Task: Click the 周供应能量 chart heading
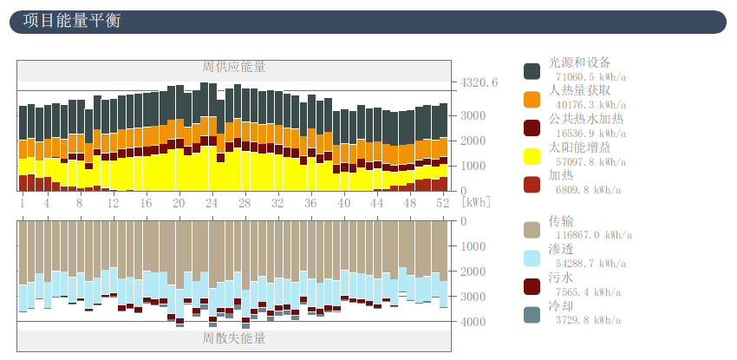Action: click(234, 67)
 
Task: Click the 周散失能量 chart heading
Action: click(234, 337)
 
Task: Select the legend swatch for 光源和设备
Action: click(532, 71)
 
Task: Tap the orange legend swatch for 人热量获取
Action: click(532, 99)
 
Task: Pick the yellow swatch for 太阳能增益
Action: click(532, 155)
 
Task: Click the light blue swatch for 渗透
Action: click(532, 258)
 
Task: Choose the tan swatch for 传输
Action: click(532, 230)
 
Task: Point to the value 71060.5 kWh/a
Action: click(590, 77)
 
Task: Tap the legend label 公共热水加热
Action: click(586, 119)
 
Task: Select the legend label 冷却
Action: click(561, 306)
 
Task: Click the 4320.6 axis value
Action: click(479, 83)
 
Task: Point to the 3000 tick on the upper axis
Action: click(473, 115)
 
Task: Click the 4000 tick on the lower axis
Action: click(473, 322)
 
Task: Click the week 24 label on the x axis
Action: click(212, 202)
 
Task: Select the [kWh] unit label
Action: click(476, 202)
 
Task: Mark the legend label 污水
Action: click(561, 278)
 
